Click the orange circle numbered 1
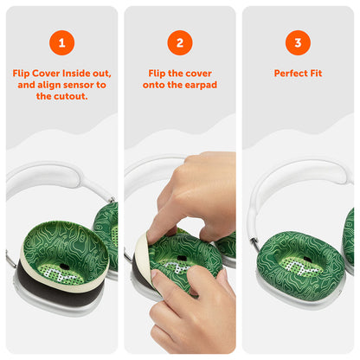point(61,42)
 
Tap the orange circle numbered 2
point(180,42)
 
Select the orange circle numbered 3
point(298,42)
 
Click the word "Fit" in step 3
point(316,74)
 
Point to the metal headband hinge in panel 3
point(254,240)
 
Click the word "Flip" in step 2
point(157,74)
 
